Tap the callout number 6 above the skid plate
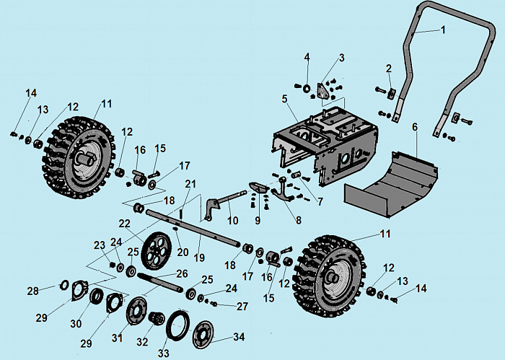[x=415, y=127]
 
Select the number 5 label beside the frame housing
[x=285, y=98]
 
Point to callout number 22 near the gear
[x=125, y=223]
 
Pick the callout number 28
[x=32, y=291]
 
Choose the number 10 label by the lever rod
[x=232, y=219]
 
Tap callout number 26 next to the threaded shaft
[x=182, y=273]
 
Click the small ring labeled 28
[x=63, y=283]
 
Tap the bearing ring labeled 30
[x=95, y=295]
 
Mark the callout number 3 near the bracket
[x=341, y=58]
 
